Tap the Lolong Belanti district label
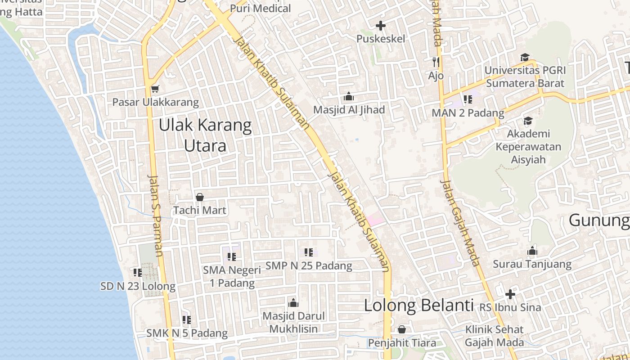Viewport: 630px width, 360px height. pyautogui.click(x=418, y=306)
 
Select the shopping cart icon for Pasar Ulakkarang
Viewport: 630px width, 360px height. pyautogui.click(x=155, y=89)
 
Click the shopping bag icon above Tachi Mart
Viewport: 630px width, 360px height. pyautogui.click(x=200, y=197)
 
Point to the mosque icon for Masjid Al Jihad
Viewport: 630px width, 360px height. pyautogui.click(x=349, y=97)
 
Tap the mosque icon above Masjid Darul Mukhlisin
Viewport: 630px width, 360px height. pyautogui.click(x=293, y=302)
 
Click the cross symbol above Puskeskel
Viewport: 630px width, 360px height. pyautogui.click(x=381, y=26)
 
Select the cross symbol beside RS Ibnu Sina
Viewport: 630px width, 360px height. pyautogui.click(x=510, y=294)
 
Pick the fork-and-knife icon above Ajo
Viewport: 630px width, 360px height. pyautogui.click(x=436, y=62)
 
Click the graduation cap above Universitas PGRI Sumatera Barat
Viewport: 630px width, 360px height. pyautogui.click(x=525, y=57)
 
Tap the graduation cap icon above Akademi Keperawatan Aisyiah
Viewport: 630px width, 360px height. pyautogui.click(x=528, y=121)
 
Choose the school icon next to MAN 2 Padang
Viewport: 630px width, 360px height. pyautogui.click(x=468, y=99)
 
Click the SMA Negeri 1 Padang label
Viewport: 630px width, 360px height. pyautogui.click(x=232, y=276)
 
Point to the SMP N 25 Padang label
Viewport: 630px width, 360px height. pyautogui.click(x=309, y=265)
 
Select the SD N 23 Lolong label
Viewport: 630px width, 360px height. pyautogui.click(x=138, y=286)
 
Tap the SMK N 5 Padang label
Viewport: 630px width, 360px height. pyautogui.click(x=187, y=333)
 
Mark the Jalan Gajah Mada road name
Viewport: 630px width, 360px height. pyautogui.click(x=460, y=223)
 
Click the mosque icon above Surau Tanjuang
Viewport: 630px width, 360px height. pyautogui.click(x=532, y=251)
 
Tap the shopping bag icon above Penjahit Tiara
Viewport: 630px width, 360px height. pyautogui.click(x=401, y=329)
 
